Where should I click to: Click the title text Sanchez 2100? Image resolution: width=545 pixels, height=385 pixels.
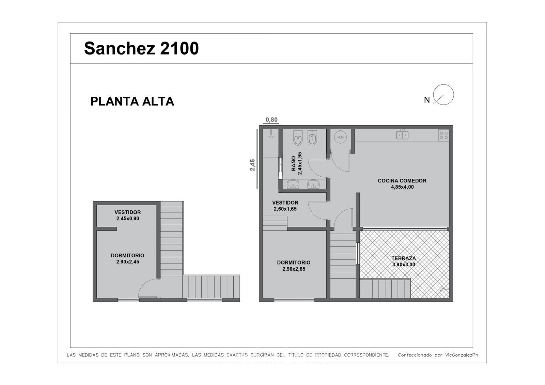tap(141, 48)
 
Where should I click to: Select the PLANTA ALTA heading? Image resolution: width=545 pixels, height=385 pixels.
tap(132, 101)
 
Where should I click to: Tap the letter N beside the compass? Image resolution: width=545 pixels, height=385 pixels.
tap(427, 100)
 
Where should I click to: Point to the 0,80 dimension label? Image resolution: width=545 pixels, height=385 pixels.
tap(271, 120)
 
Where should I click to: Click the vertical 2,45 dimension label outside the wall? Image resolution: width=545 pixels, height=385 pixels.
tap(252, 165)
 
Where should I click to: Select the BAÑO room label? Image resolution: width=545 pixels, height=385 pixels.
tap(293, 163)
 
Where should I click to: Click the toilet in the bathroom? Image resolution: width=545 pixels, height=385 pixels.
tap(298, 138)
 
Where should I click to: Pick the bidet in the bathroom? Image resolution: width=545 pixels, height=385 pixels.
tap(312, 138)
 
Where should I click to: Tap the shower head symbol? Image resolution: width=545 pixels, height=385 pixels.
tap(271, 135)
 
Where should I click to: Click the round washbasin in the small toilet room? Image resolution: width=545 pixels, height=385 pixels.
tap(340, 137)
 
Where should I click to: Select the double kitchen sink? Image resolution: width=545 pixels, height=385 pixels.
tap(402, 135)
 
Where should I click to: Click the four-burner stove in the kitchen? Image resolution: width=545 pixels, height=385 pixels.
tap(444, 135)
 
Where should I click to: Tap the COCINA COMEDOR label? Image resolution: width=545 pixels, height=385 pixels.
tap(402, 181)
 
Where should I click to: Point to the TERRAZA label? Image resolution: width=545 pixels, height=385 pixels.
tap(404, 258)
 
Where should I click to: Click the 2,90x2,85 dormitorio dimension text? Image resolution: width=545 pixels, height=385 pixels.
tap(294, 269)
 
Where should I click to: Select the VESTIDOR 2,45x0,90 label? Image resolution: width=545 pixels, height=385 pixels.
tap(128, 215)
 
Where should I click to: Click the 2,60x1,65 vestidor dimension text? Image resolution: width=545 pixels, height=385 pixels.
tap(285, 209)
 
